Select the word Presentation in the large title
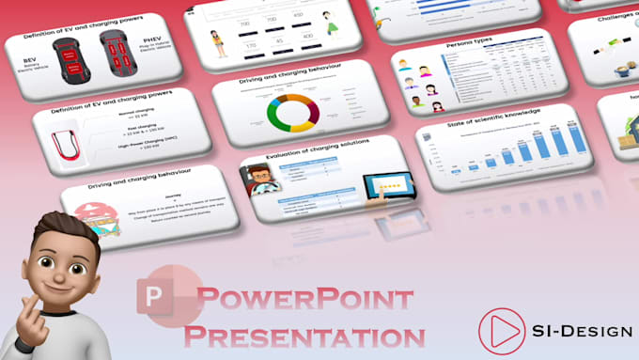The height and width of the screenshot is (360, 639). [304, 335]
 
